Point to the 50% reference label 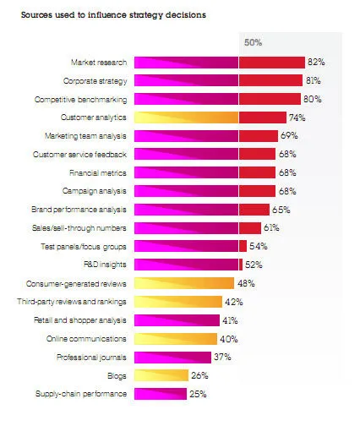click(253, 41)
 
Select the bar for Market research click(220, 63)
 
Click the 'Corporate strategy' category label click(95, 81)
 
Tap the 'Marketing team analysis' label click(86, 136)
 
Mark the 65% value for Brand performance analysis click(282, 210)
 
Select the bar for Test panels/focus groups click(190, 246)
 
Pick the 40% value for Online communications click(230, 339)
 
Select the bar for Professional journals click(172, 357)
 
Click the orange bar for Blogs click(161, 375)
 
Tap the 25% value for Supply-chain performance click(199, 394)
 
